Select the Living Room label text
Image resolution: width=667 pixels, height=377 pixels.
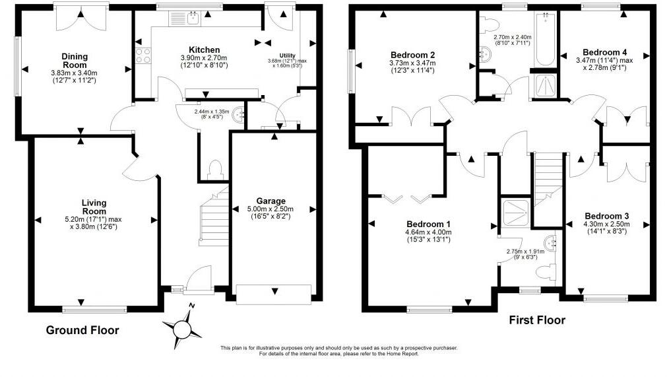[x=94, y=206]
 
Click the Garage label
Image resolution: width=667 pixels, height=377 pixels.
[x=270, y=201]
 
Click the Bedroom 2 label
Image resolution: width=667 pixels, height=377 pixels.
[x=412, y=54]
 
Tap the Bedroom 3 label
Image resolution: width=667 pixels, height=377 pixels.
[x=606, y=216]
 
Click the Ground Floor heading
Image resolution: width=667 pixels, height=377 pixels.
[x=82, y=329]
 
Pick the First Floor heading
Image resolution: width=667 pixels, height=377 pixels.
[x=537, y=320]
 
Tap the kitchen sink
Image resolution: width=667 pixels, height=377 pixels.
[x=193, y=19]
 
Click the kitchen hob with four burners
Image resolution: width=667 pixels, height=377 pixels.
[x=143, y=55]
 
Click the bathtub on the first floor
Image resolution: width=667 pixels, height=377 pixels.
[x=545, y=40]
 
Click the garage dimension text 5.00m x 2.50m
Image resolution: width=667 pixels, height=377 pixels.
[x=270, y=212]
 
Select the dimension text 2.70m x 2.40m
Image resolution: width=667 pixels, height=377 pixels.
[x=513, y=38]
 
